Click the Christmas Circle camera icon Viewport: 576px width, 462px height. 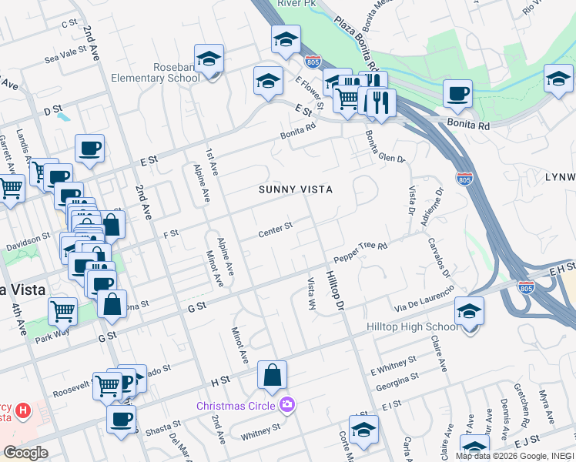click(x=287, y=404)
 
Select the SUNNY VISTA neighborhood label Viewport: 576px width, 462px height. click(x=295, y=189)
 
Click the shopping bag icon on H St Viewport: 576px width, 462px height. click(x=272, y=376)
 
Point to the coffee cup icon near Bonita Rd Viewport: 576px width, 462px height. click(x=457, y=94)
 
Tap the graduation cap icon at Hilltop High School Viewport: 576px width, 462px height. click(x=469, y=312)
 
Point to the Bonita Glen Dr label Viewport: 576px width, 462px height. click(x=384, y=149)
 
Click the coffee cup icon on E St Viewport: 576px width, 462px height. click(x=89, y=149)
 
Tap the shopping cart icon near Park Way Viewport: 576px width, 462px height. click(x=62, y=312)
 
